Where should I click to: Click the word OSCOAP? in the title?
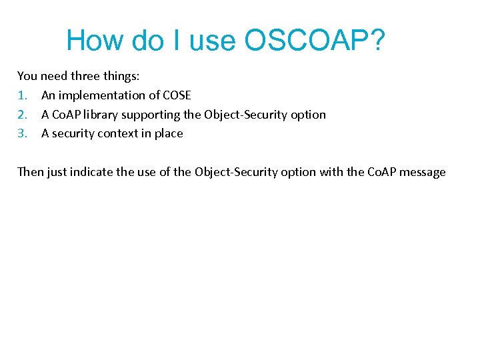[x=315, y=41]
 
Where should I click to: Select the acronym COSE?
[x=177, y=95]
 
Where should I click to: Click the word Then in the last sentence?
[x=30, y=172]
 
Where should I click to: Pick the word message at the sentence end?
[x=423, y=172]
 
